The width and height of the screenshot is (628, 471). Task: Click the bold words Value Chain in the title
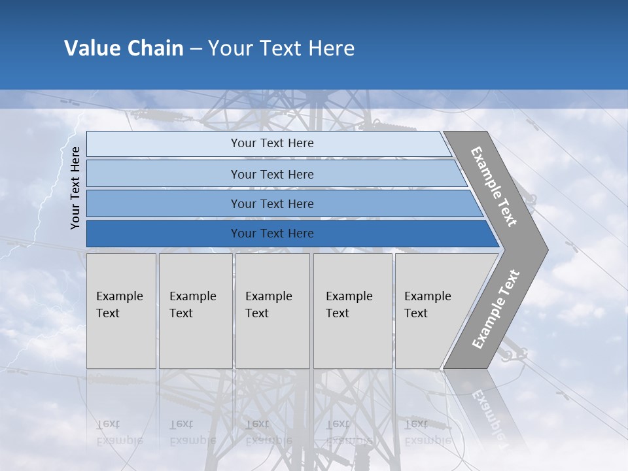(124, 48)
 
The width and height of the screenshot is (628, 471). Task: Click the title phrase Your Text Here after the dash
(281, 48)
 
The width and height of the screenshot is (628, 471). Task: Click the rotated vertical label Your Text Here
(75, 188)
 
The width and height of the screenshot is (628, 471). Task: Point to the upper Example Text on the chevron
(494, 186)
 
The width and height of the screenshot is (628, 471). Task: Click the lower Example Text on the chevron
(496, 309)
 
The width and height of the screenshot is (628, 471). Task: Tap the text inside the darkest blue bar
(272, 234)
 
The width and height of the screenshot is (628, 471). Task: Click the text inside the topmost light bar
(272, 143)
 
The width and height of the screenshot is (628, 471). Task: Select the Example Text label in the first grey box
(119, 305)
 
